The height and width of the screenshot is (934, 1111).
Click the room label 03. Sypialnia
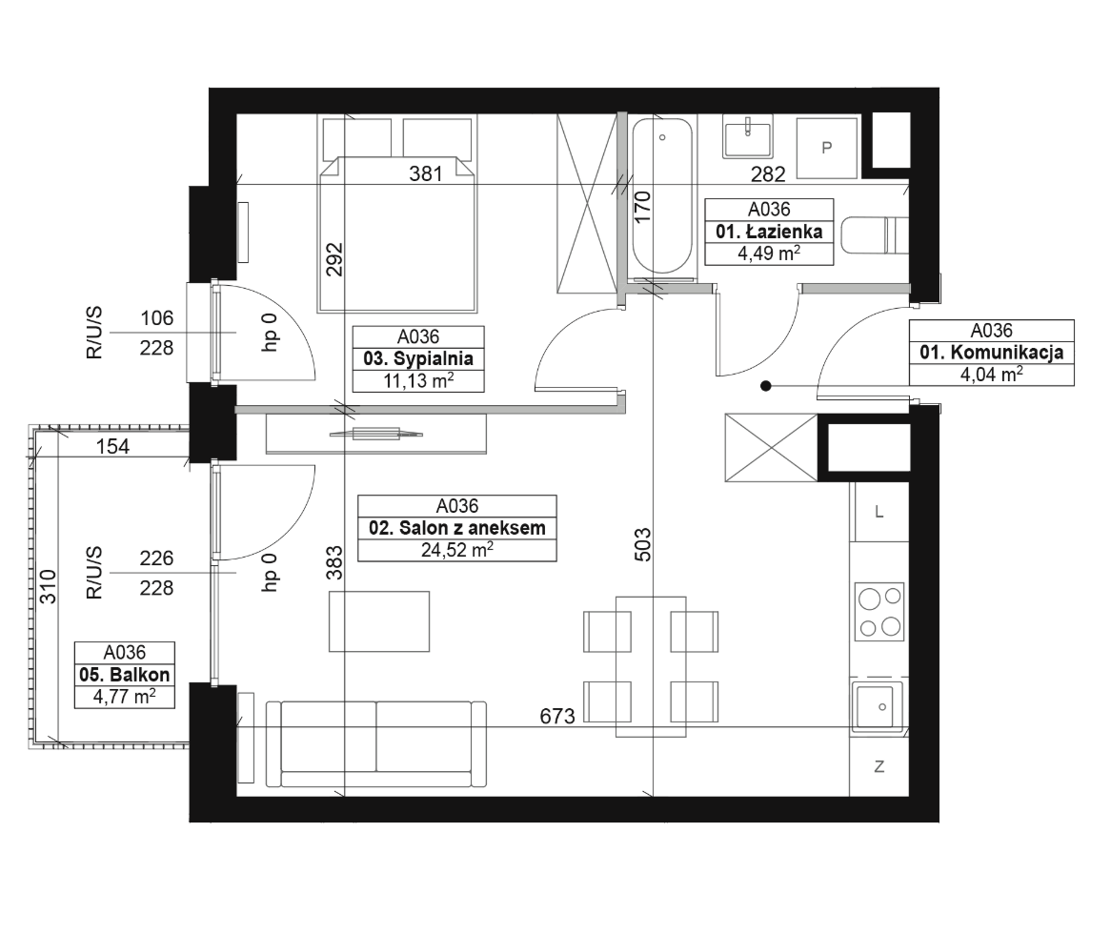(418, 358)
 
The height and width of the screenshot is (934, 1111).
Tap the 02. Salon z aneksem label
(457, 528)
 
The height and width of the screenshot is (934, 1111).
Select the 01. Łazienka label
(769, 232)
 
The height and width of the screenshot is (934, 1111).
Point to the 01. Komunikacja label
(991, 353)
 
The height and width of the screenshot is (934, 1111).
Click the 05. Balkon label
(125, 675)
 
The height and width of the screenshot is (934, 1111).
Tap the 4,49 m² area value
(769, 253)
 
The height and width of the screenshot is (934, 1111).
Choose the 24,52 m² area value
(457, 549)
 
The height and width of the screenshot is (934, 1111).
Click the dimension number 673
(557, 717)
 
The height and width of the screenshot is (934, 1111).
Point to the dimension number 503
(642, 544)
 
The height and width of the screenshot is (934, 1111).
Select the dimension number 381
(426, 173)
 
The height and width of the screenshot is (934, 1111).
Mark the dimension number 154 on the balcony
(112, 446)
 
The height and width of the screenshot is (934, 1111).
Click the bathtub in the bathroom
(662, 195)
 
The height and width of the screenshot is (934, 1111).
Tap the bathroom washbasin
(747, 137)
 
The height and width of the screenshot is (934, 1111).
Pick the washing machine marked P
(827, 148)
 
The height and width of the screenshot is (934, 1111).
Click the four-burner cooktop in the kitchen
(879, 610)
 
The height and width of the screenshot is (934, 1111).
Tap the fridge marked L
(879, 512)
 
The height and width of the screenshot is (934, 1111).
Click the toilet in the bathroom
(875, 235)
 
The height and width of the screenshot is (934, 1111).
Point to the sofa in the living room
(376, 744)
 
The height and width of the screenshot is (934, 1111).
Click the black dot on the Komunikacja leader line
(766, 386)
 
